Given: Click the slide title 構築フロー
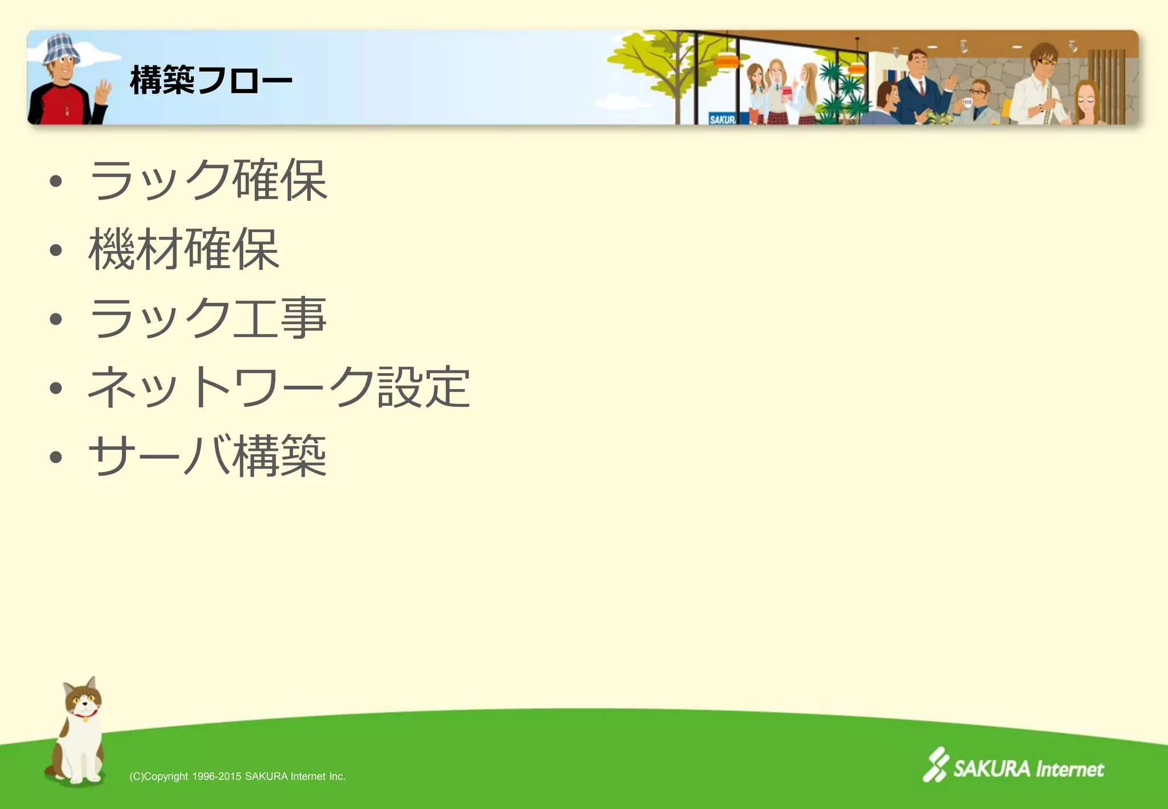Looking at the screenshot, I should point(211,80).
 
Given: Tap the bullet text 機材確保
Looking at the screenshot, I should point(184,249).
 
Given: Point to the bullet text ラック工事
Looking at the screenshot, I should point(208,318).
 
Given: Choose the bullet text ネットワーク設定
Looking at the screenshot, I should point(279,387).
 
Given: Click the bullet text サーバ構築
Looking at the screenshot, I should point(208,456).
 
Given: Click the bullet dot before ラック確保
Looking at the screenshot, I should point(55,182).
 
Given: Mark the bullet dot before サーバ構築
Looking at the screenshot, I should point(55,457).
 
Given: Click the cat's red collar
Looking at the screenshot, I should point(86,713).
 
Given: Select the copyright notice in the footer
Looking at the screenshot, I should point(237,776).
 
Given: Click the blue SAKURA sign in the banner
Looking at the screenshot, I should point(722,119).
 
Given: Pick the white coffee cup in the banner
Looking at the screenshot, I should point(967,103).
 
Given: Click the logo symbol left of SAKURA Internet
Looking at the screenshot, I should point(935,764).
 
